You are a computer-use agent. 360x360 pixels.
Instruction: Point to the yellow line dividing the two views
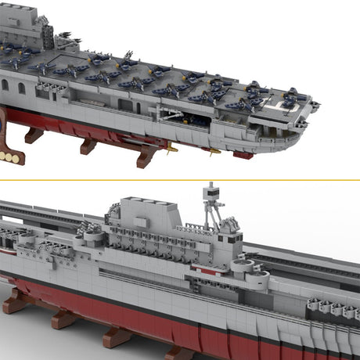coord(180,179)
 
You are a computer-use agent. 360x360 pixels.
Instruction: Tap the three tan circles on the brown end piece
coord(9,156)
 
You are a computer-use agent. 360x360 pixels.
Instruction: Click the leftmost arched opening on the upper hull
coord(5,85)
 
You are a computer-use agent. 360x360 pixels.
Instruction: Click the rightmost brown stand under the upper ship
coord(146,157)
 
